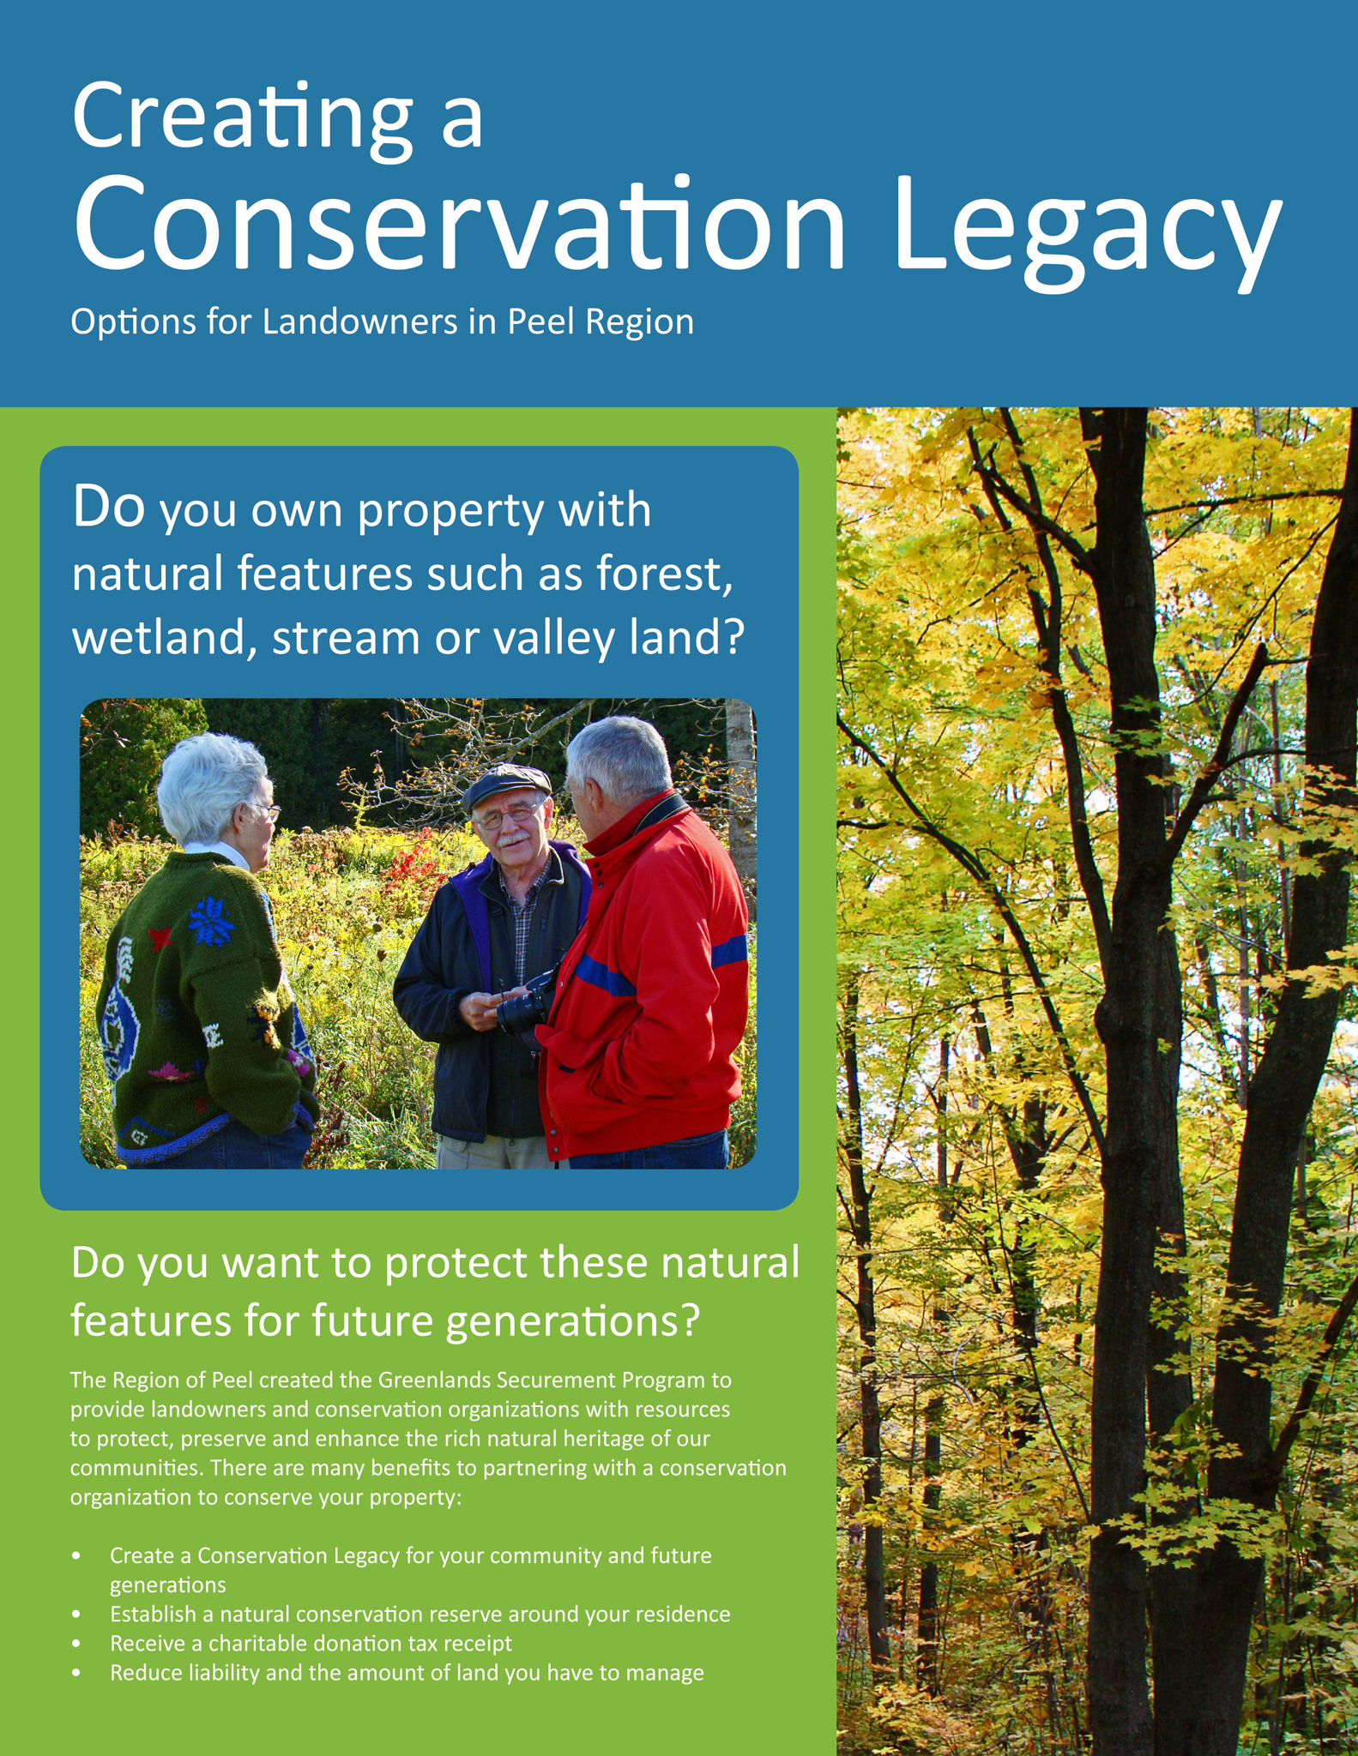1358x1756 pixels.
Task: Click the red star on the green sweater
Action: [x=160, y=939]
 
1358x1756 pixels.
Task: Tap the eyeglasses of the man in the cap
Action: [x=508, y=817]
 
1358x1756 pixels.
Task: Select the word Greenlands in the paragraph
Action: [x=432, y=1380]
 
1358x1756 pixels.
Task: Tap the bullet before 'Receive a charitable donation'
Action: [x=77, y=1644]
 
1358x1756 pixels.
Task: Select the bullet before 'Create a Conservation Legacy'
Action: [x=77, y=1555]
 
